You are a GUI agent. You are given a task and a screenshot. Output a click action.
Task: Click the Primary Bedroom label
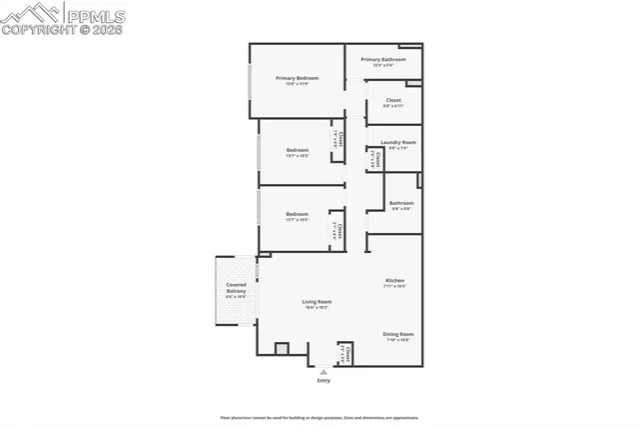point(298,78)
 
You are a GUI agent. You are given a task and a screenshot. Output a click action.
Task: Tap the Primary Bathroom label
point(383,60)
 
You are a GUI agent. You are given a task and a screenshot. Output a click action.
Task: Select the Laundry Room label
point(397,142)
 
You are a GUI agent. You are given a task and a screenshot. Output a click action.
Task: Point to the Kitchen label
point(394,280)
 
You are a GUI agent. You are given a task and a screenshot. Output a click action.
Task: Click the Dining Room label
point(397,334)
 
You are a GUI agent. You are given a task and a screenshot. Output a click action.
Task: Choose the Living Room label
point(318,301)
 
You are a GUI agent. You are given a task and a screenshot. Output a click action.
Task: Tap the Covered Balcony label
point(236,288)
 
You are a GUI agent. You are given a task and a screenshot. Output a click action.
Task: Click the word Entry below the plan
point(323,381)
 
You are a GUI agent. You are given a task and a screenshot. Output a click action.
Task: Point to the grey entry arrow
point(323,371)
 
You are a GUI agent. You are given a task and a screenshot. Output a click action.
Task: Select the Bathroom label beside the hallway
point(401,203)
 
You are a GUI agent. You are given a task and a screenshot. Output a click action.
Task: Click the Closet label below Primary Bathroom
point(393,100)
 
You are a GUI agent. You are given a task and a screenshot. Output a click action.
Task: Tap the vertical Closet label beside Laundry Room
point(377,159)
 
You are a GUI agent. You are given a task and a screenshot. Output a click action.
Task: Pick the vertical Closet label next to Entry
point(347,352)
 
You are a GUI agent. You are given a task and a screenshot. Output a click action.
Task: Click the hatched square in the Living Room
point(282,349)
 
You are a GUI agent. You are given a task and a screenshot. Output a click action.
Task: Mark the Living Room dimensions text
point(318,307)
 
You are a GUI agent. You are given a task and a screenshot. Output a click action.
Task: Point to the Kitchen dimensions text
point(394,286)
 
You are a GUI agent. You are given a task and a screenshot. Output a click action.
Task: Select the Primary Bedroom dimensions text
point(298,84)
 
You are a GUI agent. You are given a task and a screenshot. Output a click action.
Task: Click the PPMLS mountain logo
point(29,12)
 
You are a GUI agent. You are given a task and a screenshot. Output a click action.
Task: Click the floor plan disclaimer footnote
point(319,418)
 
